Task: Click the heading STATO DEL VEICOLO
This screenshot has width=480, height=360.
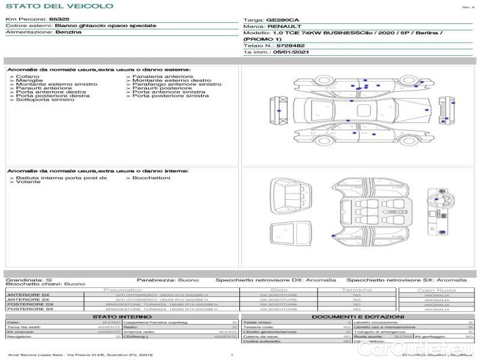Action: pyautogui.click(x=59, y=6)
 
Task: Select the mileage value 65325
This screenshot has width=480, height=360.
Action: pyautogui.click(x=59, y=20)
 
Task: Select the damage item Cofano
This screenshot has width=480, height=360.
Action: pyautogui.click(x=28, y=77)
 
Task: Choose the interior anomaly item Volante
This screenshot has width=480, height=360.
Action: pyautogui.click(x=28, y=182)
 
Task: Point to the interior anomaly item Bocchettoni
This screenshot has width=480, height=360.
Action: pyautogui.click(x=151, y=178)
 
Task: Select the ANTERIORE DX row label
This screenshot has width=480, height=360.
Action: pyautogui.click(x=28, y=295)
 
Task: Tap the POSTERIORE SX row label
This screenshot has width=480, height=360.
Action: pyautogui.click(x=28, y=310)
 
